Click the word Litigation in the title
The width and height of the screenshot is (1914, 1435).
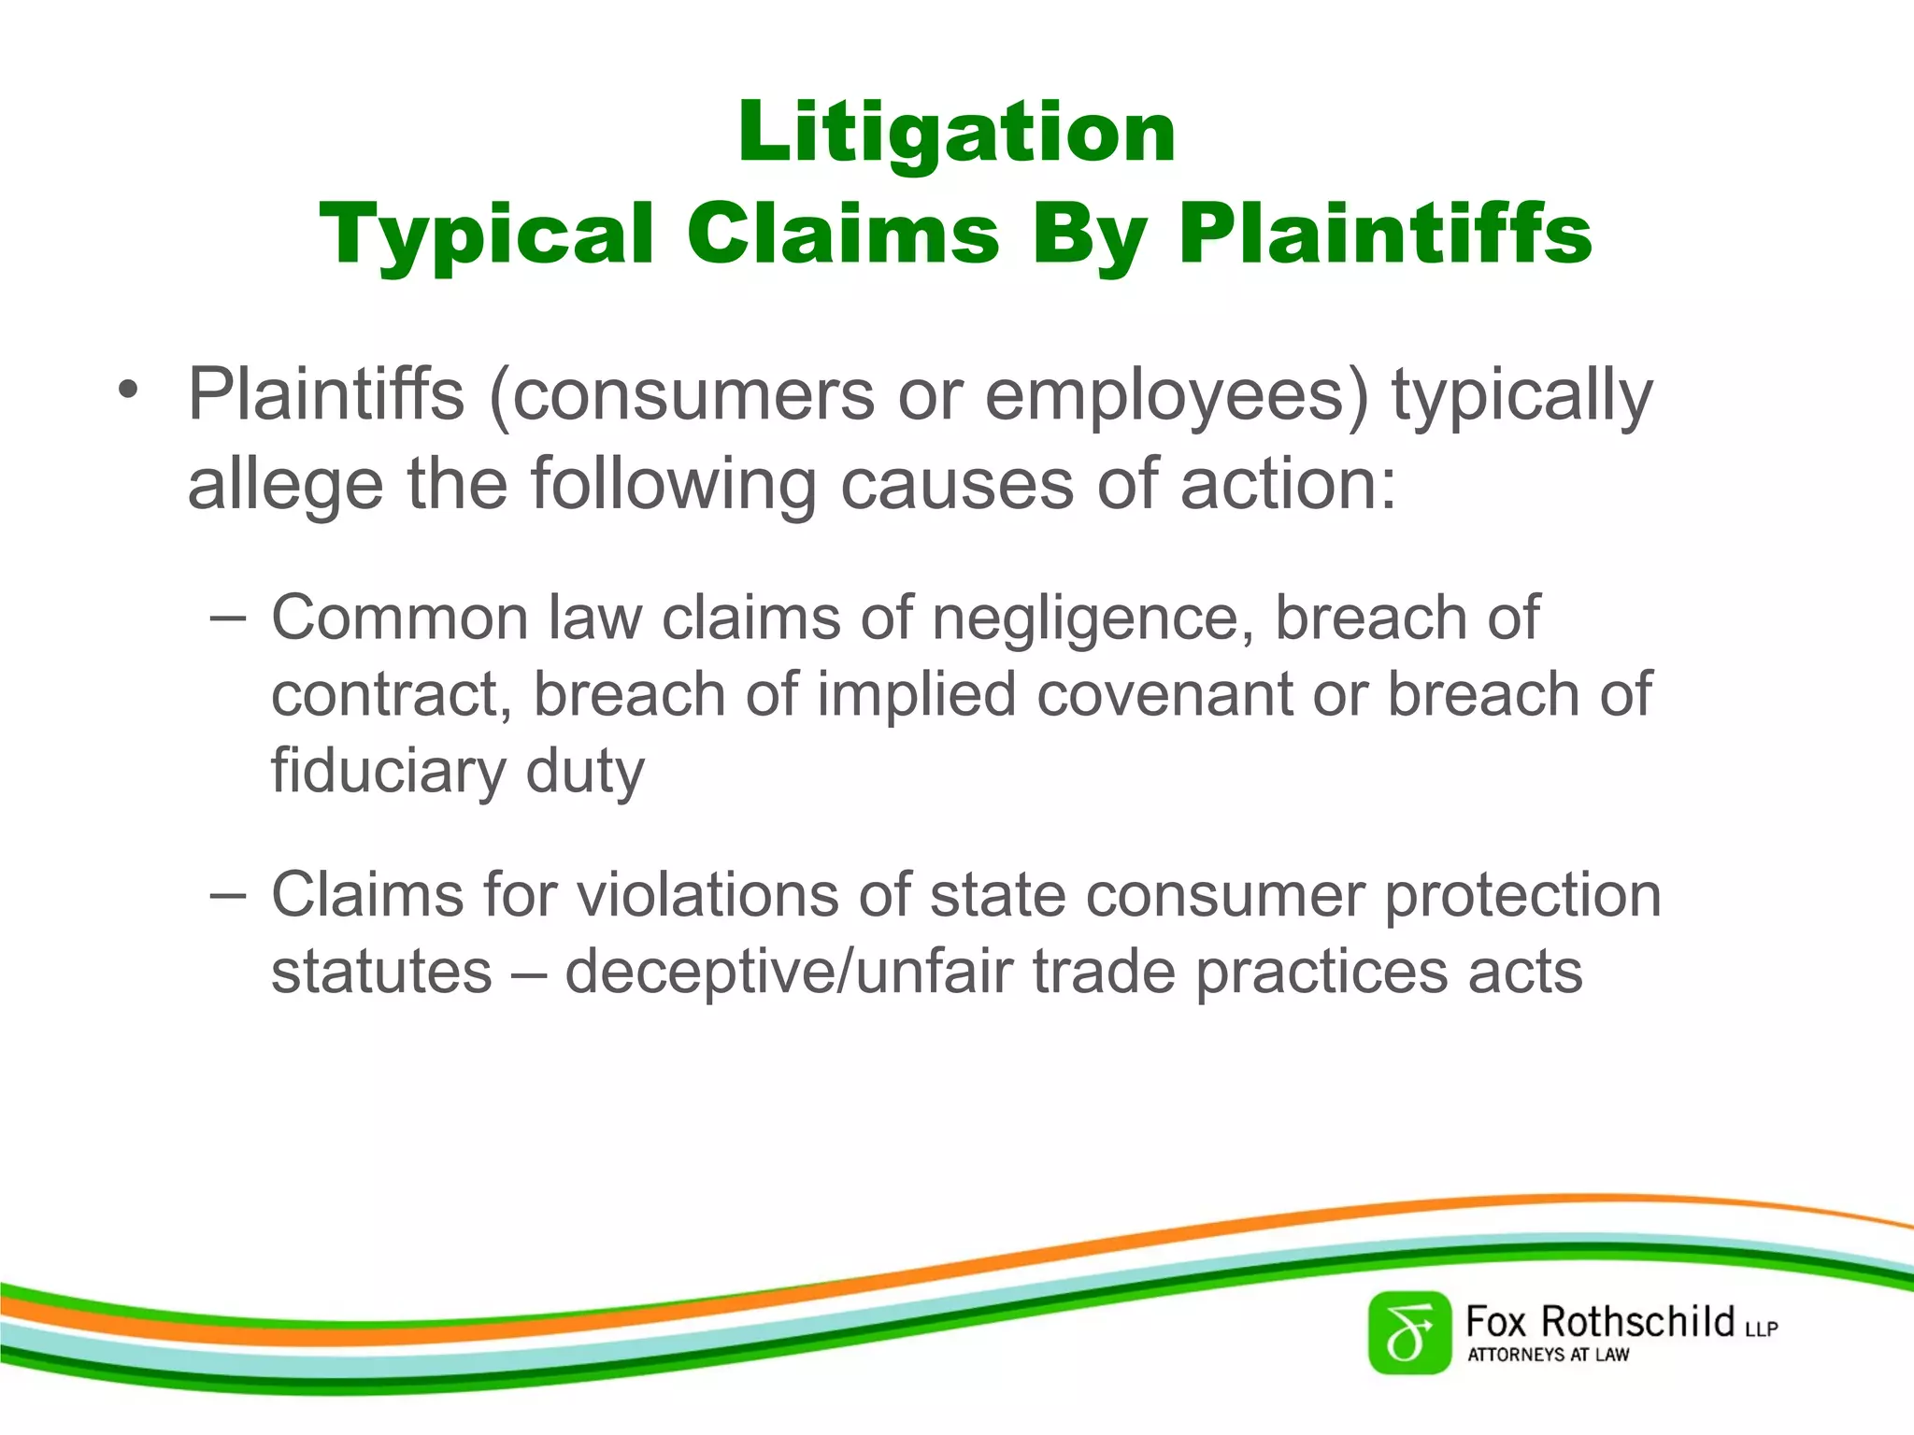956,133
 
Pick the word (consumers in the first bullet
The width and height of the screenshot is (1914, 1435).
681,395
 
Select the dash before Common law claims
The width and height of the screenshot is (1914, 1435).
228,618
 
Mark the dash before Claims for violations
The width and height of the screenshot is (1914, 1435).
228,894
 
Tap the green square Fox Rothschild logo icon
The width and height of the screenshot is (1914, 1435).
1409,1333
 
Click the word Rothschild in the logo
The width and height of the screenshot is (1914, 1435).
1637,1322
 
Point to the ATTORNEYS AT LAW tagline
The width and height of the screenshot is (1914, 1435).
1548,1355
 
